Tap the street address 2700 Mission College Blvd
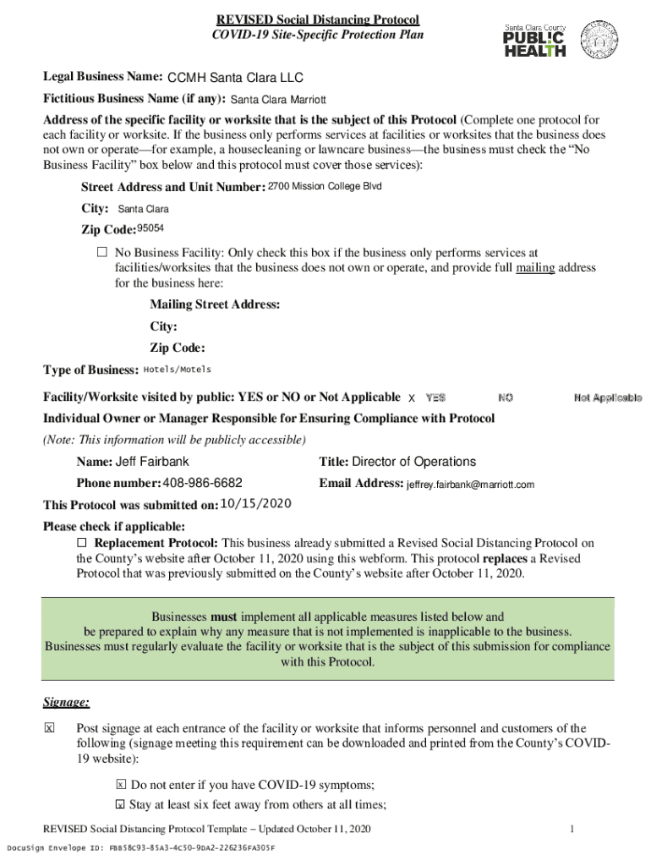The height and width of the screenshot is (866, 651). pos(325,186)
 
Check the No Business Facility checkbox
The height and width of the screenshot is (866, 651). pos(102,253)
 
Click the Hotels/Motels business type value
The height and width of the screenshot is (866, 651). pos(178,370)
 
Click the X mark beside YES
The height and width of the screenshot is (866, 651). pos(412,397)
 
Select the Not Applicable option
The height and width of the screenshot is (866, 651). pos(607,397)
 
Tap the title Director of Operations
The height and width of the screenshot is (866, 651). pos(413,462)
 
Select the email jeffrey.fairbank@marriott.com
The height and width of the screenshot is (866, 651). pos(470,485)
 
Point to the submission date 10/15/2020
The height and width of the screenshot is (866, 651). pos(255,504)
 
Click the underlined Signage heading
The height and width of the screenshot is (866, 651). pos(67,703)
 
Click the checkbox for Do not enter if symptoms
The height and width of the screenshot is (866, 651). pos(121,785)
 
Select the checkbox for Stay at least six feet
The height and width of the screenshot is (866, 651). pos(121,804)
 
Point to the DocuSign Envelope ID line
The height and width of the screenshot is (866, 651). pos(140,847)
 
